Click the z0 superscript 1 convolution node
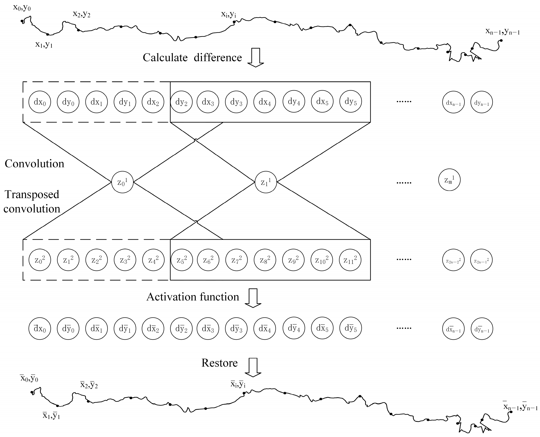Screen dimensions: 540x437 (122, 182)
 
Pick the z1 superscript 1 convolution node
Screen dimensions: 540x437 (266, 182)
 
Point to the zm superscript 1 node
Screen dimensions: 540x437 (449, 180)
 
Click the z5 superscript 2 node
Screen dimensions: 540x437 (182, 260)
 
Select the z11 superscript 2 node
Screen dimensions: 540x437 (350, 260)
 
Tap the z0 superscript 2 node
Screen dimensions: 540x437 (40, 260)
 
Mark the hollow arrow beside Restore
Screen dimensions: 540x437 (253, 368)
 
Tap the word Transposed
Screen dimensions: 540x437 (32, 195)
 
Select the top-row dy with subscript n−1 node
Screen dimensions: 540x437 (482, 102)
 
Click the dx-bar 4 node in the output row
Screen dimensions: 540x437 (265, 329)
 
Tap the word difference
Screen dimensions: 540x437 (218, 58)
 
